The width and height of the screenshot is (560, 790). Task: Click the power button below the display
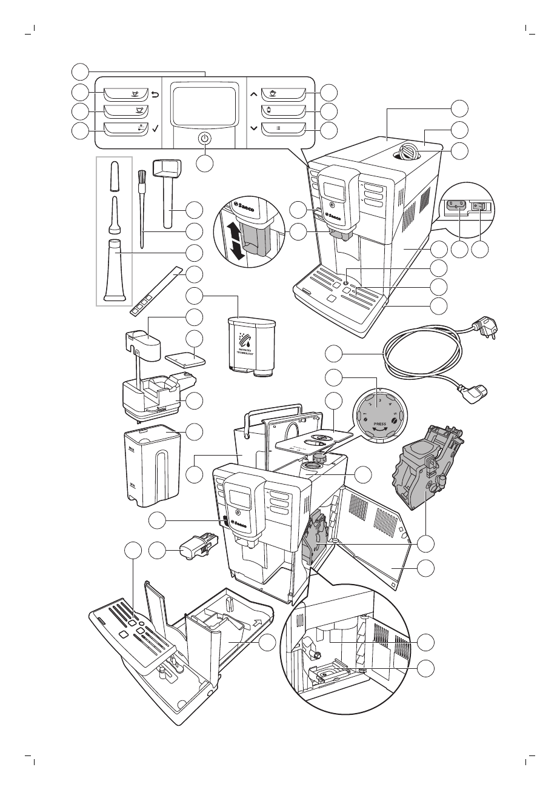click(205, 138)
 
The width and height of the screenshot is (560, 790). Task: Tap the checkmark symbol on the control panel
click(155, 128)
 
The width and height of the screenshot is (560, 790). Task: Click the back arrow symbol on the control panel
click(155, 94)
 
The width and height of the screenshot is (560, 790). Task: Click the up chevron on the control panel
click(253, 94)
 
